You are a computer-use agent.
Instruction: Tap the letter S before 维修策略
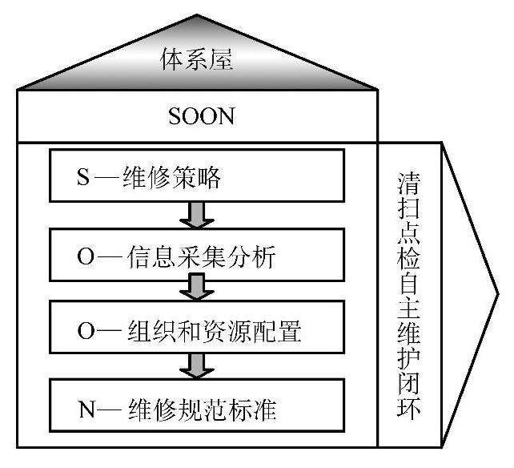82,179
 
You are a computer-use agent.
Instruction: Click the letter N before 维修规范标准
84,412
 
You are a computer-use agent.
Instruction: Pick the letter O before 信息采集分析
84,255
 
